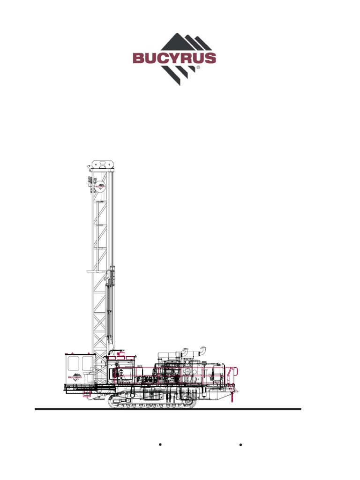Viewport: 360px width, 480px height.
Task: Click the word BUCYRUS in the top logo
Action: point(174,59)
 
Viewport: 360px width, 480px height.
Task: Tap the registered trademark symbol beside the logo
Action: point(198,67)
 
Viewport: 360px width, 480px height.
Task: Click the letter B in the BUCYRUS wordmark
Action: point(139,59)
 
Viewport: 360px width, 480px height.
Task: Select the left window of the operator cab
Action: point(73,363)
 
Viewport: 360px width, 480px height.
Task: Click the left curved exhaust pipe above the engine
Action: point(185,351)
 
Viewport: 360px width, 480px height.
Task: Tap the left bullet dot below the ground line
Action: point(160,444)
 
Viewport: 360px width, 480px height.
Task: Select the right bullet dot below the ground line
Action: point(240,444)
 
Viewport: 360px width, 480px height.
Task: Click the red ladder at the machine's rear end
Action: point(230,375)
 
